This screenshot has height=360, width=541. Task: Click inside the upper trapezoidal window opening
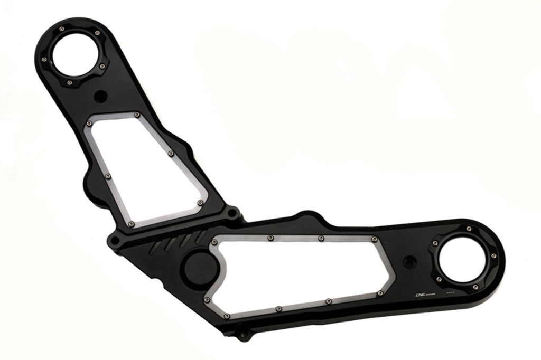(143, 169)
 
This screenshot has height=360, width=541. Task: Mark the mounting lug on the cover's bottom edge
(242, 335)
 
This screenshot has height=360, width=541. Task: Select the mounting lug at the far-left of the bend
(114, 241)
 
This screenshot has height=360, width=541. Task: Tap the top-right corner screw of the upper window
(137, 115)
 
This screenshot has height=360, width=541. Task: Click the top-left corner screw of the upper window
(89, 122)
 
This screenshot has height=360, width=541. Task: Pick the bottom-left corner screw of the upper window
(132, 225)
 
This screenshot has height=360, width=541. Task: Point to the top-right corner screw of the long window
(374, 239)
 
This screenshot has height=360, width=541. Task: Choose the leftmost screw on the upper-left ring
(44, 59)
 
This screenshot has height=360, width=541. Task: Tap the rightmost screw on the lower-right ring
(493, 256)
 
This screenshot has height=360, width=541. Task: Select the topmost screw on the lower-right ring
(469, 229)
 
